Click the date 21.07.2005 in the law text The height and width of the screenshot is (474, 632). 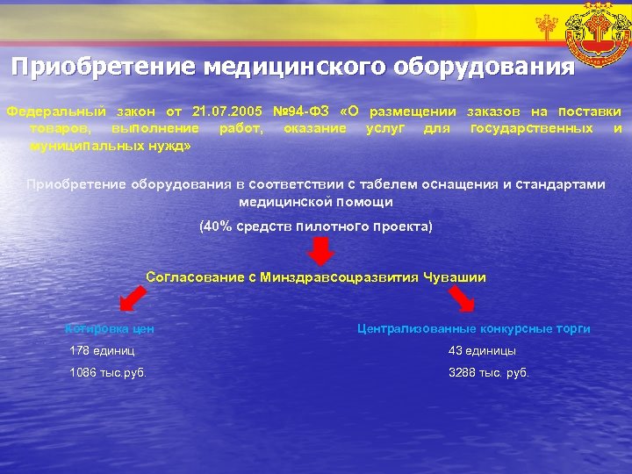tap(226, 112)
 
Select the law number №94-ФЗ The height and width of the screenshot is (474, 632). tap(301, 112)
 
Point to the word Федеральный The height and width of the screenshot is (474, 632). tap(56, 112)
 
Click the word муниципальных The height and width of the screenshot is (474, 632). tap(78, 144)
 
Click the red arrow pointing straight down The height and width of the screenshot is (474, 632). tap(321, 252)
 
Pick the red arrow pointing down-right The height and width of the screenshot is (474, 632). tap(461, 300)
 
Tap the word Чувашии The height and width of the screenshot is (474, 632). tap(455, 277)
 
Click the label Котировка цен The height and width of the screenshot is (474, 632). tap(111, 329)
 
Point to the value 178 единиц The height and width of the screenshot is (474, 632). tap(103, 351)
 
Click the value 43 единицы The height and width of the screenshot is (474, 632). tap(482, 351)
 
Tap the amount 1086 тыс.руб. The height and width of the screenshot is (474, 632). tap(108, 372)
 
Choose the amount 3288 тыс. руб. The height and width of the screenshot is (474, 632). tap(489, 372)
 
